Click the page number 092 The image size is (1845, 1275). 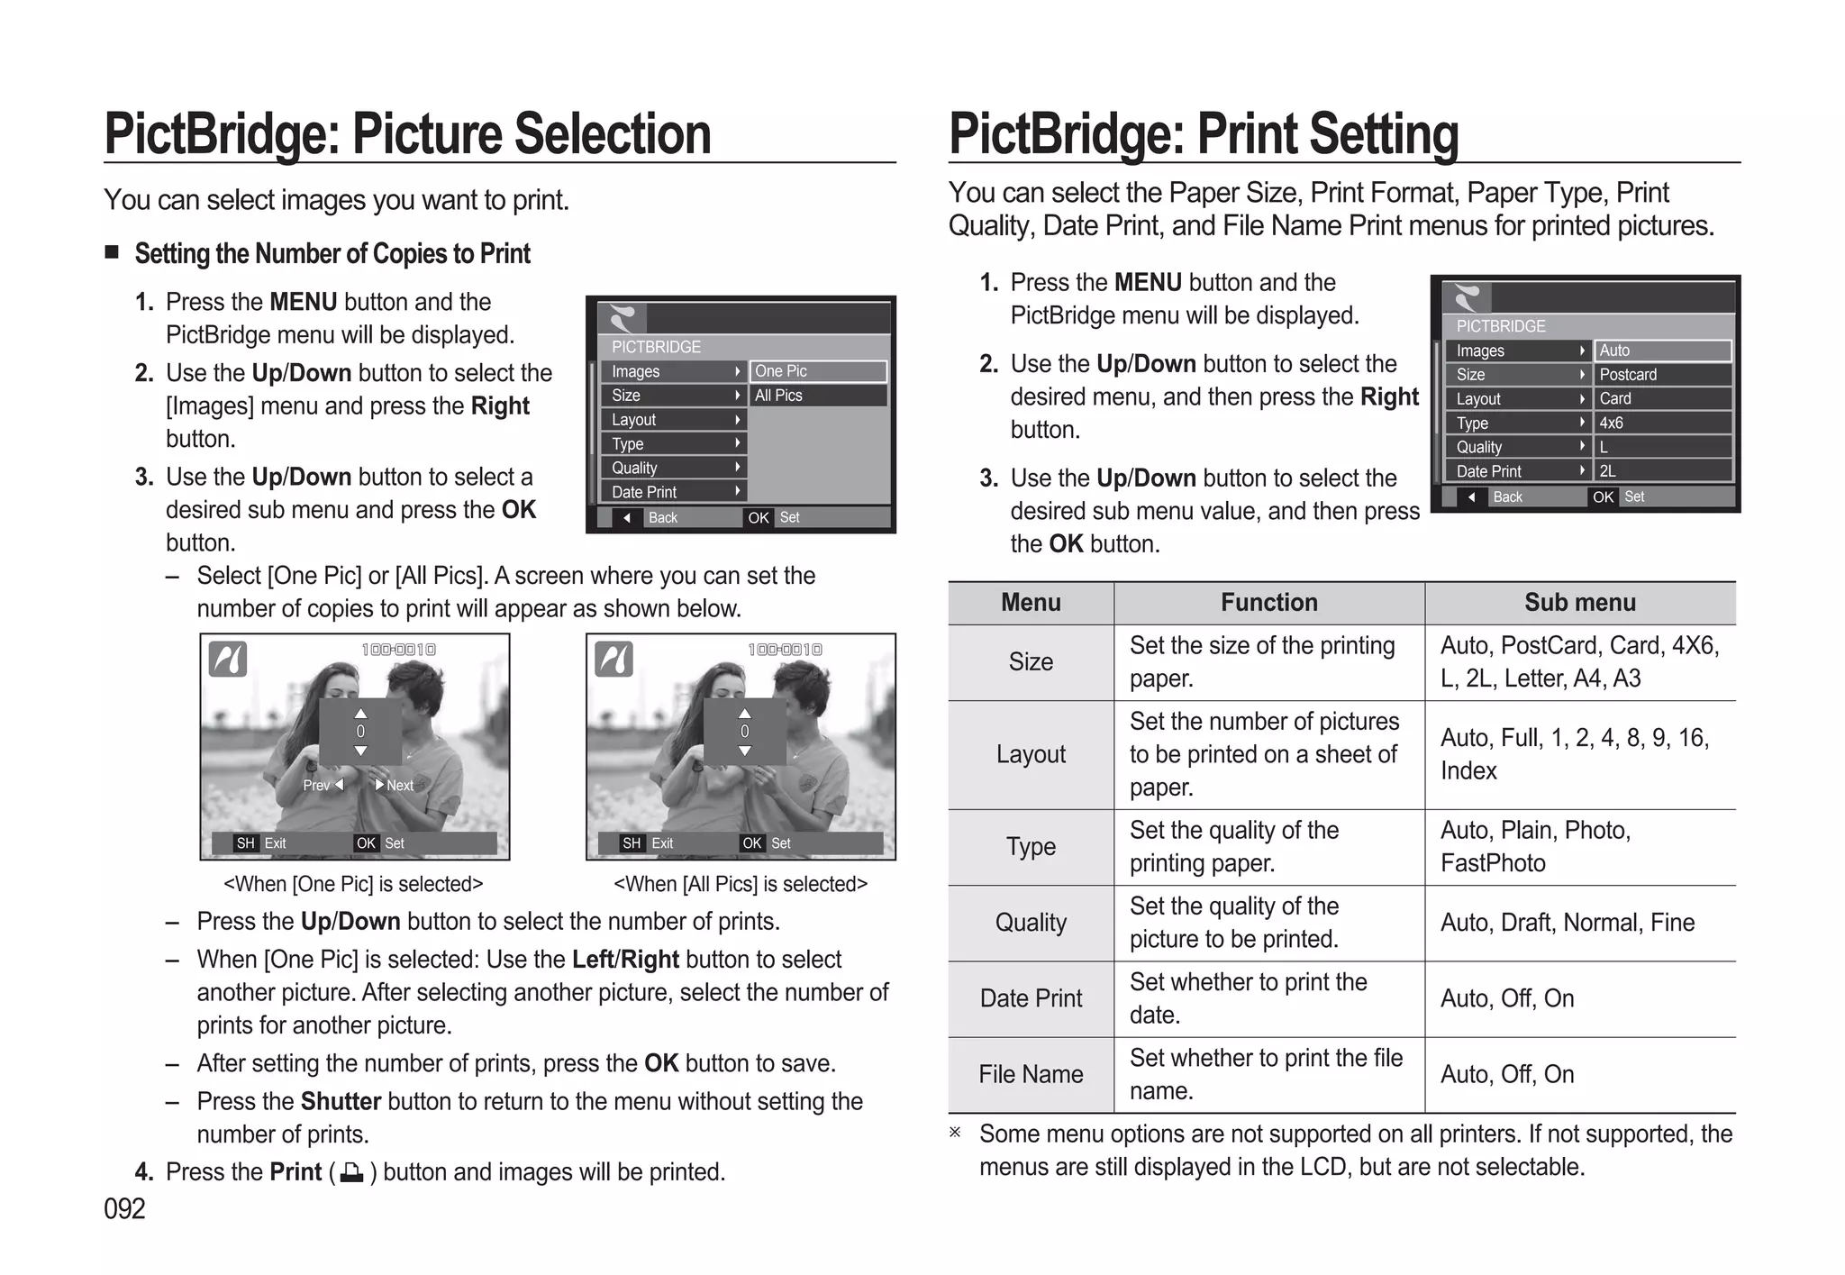tap(124, 1208)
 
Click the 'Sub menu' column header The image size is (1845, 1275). tap(1579, 603)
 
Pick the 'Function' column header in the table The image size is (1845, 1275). tap(1268, 603)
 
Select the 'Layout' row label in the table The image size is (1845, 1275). tap(1031, 754)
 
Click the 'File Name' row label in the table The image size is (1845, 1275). tap(1031, 1074)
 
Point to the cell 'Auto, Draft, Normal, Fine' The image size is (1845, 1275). tap(1568, 923)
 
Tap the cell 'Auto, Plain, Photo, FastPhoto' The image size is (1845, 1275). tap(1535, 846)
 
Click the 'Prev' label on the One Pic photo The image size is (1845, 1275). tap(316, 786)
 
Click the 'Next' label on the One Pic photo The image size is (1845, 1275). tap(400, 786)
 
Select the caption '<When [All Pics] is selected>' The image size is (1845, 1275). tap(741, 884)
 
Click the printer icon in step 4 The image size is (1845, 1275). tap(352, 1173)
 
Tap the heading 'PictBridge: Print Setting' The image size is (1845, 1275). tap(1203, 134)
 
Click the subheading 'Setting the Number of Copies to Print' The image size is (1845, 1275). tap(332, 254)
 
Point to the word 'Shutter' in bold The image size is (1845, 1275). tap(341, 1102)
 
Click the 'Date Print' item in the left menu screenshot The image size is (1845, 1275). tap(644, 492)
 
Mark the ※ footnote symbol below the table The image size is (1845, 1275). tap(955, 1133)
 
